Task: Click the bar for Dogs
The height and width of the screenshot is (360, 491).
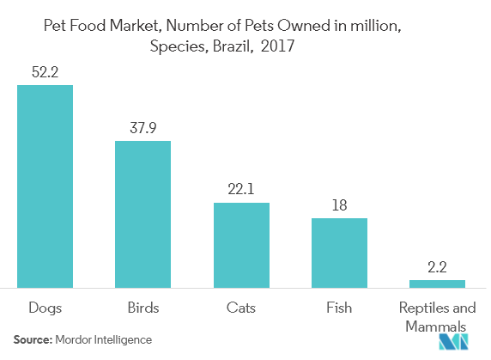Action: [x=45, y=185]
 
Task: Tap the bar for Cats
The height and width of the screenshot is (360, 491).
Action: [x=241, y=244]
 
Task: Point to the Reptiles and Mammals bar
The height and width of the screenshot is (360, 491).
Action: [x=437, y=283]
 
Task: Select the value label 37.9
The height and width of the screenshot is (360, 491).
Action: [x=143, y=127]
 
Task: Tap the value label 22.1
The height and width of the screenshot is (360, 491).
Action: [x=241, y=189]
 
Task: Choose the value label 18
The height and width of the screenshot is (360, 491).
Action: [x=339, y=204]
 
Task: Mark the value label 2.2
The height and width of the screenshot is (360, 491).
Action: [x=437, y=266]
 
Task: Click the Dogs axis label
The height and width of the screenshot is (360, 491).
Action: [x=45, y=306]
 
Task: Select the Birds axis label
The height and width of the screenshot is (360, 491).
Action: [x=143, y=306]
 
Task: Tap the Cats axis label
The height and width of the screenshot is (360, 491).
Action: [x=241, y=306]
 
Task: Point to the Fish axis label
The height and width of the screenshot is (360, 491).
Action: [x=339, y=306]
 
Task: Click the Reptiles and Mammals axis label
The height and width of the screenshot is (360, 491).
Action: [x=437, y=314]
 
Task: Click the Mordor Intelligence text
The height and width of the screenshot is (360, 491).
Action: [x=103, y=340]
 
